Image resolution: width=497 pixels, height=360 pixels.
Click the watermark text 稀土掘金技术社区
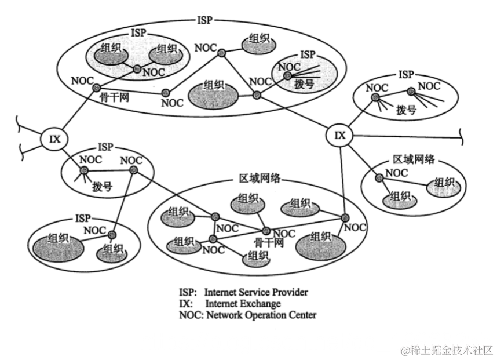tap(445, 350)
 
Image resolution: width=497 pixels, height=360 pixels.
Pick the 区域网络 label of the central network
tap(260, 180)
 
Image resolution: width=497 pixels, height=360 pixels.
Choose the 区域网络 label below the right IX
tap(414, 160)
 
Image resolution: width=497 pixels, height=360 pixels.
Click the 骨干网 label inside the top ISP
tap(115, 97)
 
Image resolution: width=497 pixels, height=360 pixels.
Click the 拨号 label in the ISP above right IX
tap(406, 109)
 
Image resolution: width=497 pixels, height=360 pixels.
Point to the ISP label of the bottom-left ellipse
tap(83, 219)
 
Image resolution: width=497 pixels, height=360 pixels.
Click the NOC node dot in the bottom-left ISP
tap(112, 235)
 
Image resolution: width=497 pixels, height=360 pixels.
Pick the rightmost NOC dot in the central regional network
tap(345, 218)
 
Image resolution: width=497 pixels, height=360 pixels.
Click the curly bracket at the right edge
tap(461, 137)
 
